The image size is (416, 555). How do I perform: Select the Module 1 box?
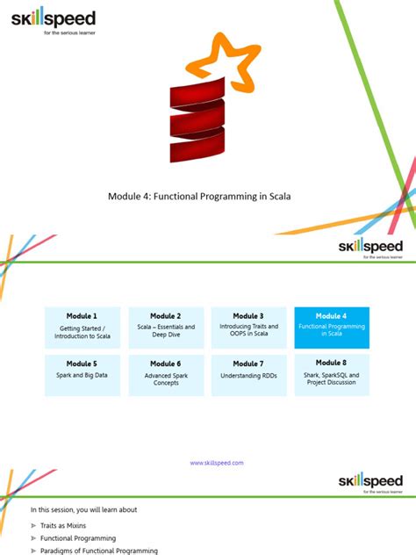82,327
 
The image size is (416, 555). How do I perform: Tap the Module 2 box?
166,327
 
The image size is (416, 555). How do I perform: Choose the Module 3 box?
248,327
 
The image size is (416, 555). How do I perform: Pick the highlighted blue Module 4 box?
332,327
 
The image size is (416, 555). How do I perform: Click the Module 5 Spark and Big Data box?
82,374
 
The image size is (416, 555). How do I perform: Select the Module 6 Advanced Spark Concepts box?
166,374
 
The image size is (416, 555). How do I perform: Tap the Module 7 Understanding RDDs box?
248,374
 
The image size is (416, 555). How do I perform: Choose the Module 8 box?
332,374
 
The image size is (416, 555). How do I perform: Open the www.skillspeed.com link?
217,463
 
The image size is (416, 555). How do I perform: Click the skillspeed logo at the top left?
54,19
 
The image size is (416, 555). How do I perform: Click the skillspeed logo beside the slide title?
370,249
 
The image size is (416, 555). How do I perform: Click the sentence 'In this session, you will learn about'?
83,509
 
